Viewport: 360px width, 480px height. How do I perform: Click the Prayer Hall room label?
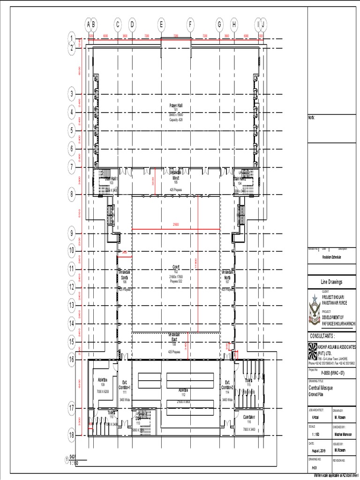176,105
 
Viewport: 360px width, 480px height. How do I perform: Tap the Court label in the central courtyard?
176,267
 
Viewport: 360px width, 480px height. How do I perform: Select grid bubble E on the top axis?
161,24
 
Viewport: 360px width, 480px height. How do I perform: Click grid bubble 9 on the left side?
72,233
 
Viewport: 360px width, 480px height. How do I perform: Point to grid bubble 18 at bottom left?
72,435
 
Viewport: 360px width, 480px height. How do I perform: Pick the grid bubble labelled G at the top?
219,24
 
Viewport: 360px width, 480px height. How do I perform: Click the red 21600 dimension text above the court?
176,225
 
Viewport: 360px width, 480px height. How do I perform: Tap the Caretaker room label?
248,417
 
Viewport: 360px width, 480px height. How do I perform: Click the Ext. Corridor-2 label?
227,385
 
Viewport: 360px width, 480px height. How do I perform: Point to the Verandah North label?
227,274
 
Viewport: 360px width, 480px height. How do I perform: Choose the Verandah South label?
124,274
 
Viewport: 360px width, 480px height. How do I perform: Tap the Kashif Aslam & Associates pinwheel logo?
313,350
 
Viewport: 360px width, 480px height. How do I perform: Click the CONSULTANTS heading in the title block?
322,336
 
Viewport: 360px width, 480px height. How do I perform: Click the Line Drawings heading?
331,282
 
